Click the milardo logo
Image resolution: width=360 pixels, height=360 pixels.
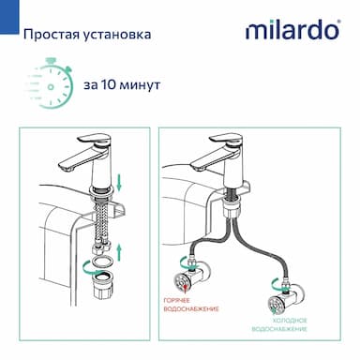(x=292, y=30)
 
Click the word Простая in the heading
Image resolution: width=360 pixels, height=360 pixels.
(x=51, y=34)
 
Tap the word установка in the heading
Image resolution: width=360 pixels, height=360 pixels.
(x=117, y=35)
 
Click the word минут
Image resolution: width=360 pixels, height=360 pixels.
(x=140, y=85)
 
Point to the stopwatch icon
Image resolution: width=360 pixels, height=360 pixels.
(x=50, y=82)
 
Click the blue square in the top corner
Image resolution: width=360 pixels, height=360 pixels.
(x=9, y=17)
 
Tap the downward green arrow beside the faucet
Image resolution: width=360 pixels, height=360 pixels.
(x=119, y=183)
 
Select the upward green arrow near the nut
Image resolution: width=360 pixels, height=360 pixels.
(x=119, y=253)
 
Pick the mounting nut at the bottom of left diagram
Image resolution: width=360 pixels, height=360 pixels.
(x=102, y=285)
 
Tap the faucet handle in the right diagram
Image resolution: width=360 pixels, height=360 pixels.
(x=225, y=140)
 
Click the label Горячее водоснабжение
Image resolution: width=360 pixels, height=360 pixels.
(x=191, y=305)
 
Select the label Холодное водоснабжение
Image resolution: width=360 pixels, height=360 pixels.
(x=279, y=324)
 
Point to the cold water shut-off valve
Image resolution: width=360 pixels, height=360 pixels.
(x=285, y=300)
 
